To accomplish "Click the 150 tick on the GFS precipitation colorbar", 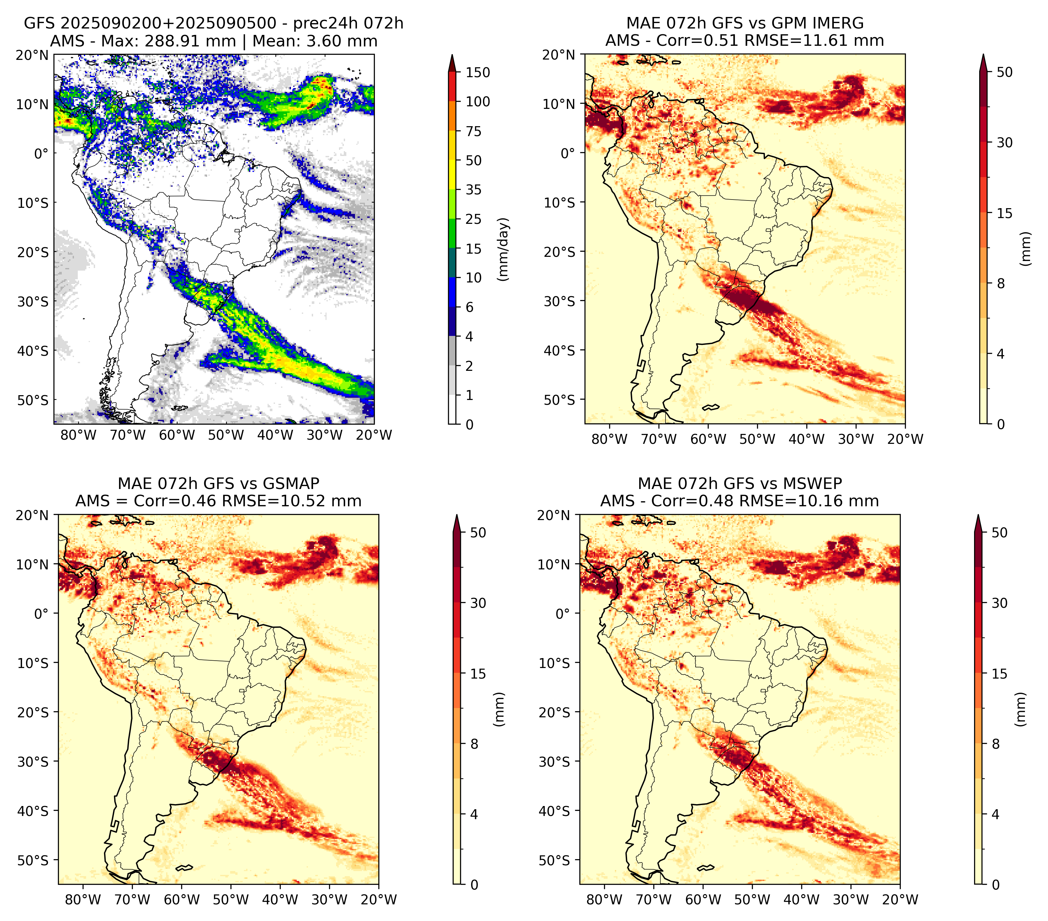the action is (477, 72).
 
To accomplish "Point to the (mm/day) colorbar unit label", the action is (504, 249).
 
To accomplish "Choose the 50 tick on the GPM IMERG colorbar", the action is (1004, 72).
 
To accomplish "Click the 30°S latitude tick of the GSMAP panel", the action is (33, 762).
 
